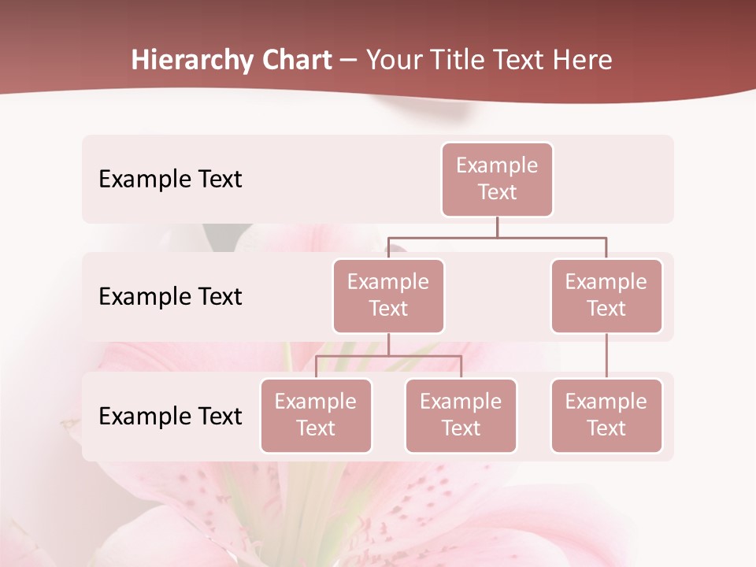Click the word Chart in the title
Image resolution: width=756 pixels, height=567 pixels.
pyautogui.click(x=298, y=60)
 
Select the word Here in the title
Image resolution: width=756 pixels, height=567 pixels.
pyautogui.click(x=584, y=60)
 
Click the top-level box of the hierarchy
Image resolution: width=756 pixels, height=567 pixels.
pyautogui.click(x=497, y=180)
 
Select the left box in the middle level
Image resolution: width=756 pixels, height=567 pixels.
pyautogui.click(x=388, y=296)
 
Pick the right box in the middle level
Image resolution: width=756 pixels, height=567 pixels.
pyautogui.click(x=606, y=296)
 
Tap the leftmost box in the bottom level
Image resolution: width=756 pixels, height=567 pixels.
pyautogui.click(x=316, y=416)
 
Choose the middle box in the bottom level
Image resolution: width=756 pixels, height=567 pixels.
pyautogui.click(x=461, y=416)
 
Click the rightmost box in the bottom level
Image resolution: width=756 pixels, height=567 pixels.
pyautogui.click(x=606, y=416)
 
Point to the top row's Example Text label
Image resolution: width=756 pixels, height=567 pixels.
pyautogui.click(x=170, y=180)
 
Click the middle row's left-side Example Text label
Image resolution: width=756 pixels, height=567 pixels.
pyautogui.click(x=170, y=297)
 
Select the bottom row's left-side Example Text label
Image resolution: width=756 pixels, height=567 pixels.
pyautogui.click(x=170, y=416)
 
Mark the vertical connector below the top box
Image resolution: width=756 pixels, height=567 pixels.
pyautogui.click(x=497, y=227)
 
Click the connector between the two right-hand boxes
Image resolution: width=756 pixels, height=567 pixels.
pyautogui.click(x=606, y=356)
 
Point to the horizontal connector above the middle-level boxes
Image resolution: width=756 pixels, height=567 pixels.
pyautogui.click(x=497, y=237)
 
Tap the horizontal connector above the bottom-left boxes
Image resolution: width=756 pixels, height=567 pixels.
pyautogui.click(x=388, y=356)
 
